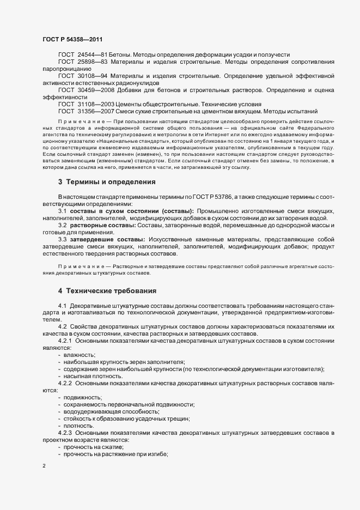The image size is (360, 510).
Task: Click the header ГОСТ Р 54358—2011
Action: coord(72,39)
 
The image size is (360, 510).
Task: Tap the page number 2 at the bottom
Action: coord(44,466)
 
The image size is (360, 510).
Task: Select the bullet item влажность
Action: coord(79,355)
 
